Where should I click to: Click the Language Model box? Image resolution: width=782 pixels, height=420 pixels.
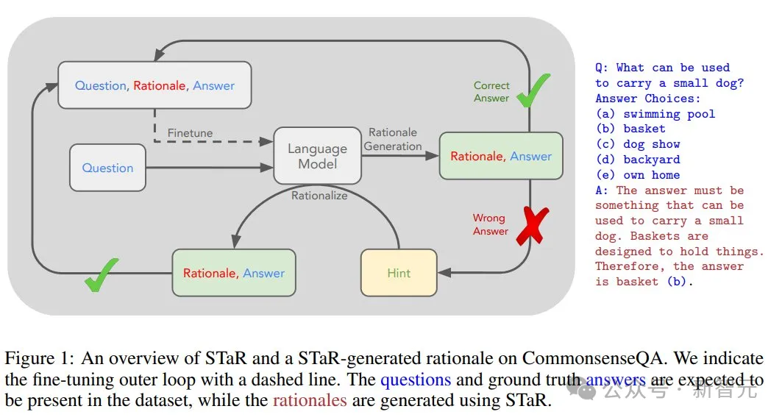click(317, 155)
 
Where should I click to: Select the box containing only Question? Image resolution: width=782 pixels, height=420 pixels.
click(107, 168)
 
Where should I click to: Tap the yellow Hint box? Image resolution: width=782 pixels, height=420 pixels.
click(399, 273)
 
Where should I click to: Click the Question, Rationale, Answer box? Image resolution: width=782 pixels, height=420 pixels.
click(154, 85)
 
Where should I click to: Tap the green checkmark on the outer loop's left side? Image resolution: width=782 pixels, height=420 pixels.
click(101, 274)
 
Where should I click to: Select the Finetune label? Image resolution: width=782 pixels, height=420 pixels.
click(190, 133)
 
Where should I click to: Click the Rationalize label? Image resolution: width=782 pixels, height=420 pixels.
click(319, 196)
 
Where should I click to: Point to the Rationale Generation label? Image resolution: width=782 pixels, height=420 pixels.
click(393, 139)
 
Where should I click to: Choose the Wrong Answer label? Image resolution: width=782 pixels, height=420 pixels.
click(491, 224)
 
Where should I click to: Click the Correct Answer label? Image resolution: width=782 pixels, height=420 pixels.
click(491, 92)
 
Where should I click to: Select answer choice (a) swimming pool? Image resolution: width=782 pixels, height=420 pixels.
click(655, 113)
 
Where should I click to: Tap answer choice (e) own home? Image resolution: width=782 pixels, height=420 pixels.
click(637, 175)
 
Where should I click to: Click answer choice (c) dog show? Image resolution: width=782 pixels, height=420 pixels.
click(637, 144)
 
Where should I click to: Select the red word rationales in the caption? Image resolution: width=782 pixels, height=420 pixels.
click(310, 401)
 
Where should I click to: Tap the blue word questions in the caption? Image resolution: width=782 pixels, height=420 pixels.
click(415, 380)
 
